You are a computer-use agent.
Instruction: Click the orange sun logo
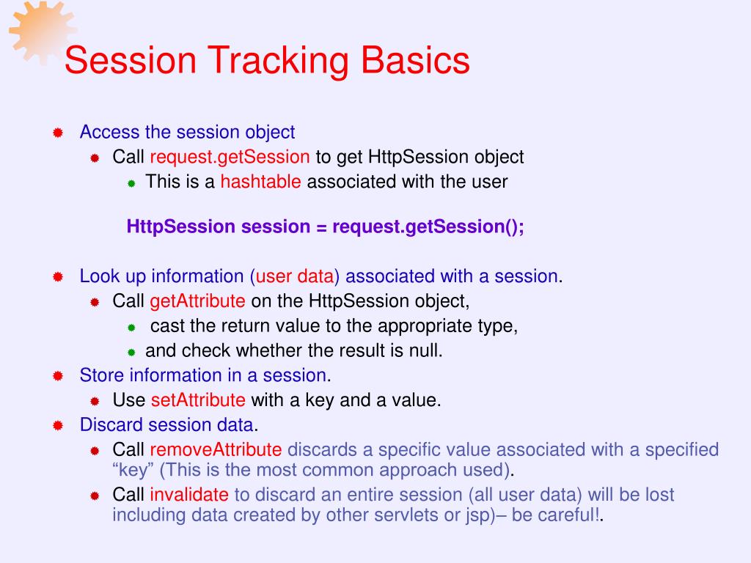pos(42,32)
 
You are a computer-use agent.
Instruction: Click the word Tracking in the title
pos(278,61)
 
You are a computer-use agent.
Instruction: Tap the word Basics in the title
pos(415,60)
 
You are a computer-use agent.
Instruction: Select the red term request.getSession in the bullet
pos(230,157)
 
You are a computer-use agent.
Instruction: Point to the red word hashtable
pos(260,182)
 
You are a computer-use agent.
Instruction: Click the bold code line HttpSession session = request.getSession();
pos(325,227)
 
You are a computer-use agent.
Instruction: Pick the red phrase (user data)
pos(295,276)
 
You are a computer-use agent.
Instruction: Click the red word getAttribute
pos(197,301)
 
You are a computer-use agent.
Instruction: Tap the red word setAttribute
pos(198,400)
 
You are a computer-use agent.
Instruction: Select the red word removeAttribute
pos(216,449)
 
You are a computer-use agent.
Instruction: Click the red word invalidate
pos(189,495)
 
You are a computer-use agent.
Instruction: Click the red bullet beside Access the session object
pos(58,133)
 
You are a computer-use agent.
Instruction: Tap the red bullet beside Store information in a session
pos(58,376)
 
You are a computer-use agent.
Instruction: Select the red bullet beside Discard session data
pos(58,425)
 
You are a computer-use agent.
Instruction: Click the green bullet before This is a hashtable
pos(132,183)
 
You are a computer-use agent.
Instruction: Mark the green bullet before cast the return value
pos(132,328)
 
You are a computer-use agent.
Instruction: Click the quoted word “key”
pos(133,470)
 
